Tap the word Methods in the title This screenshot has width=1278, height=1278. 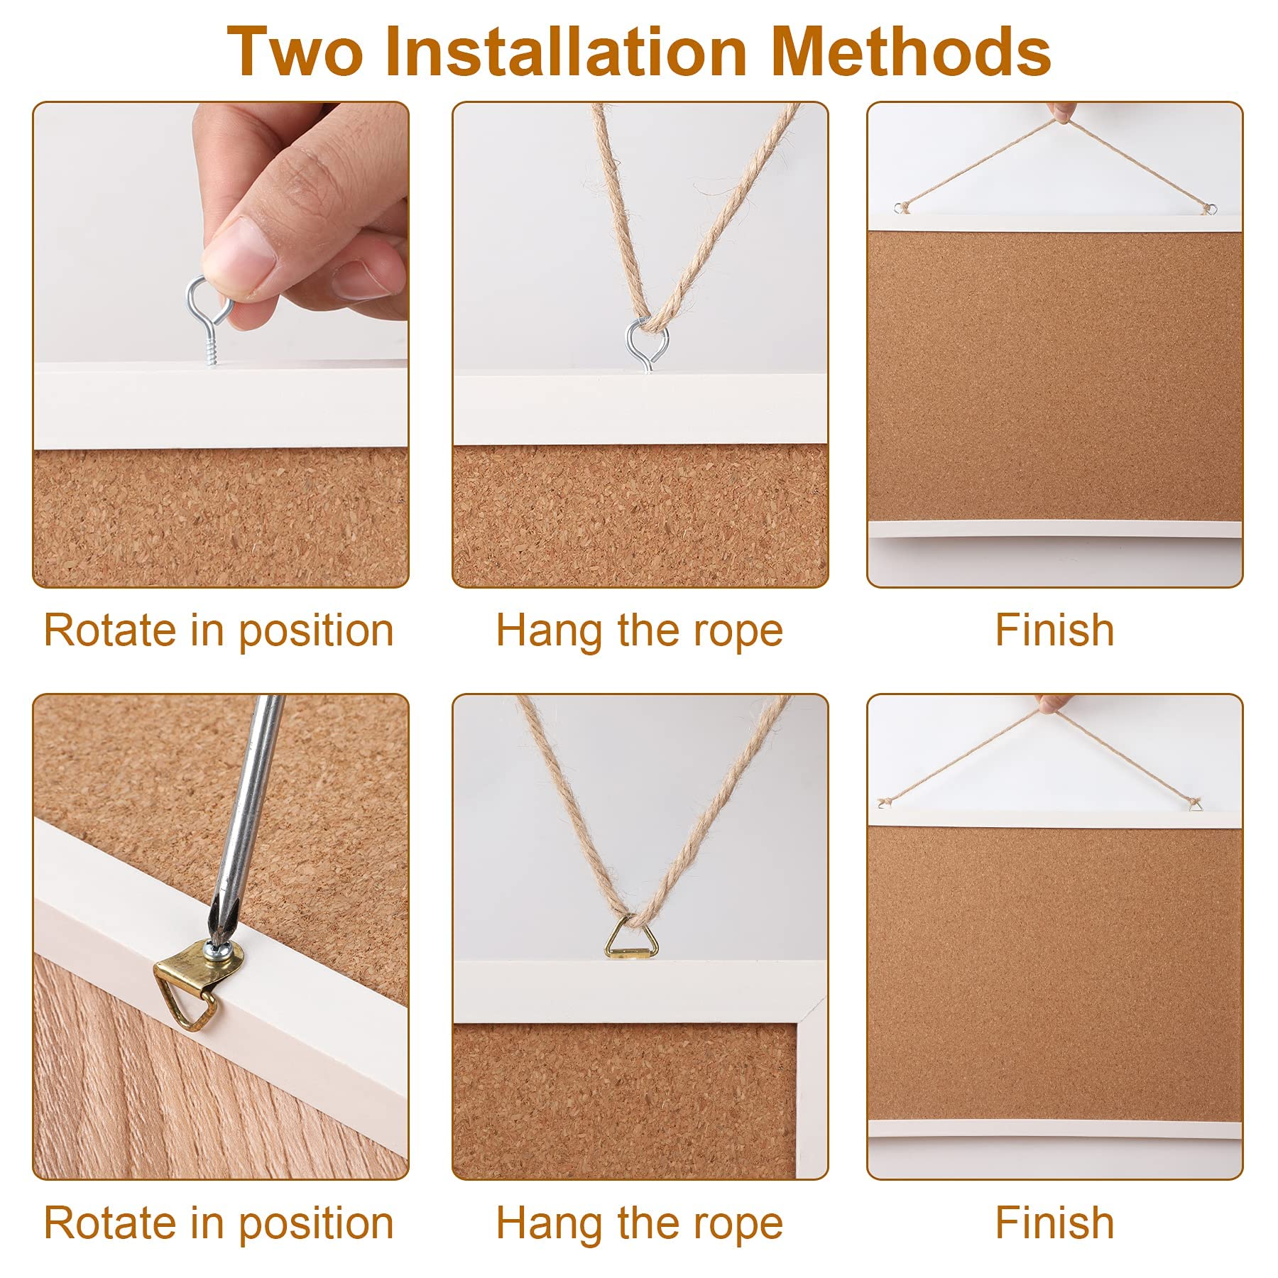[911, 51]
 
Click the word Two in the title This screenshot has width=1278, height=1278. [295, 51]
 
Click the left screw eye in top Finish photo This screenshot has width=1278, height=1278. [902, 208]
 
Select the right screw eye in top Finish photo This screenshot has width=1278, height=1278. [1208, 209]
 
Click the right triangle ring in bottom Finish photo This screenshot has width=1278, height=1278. [1196, 804]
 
